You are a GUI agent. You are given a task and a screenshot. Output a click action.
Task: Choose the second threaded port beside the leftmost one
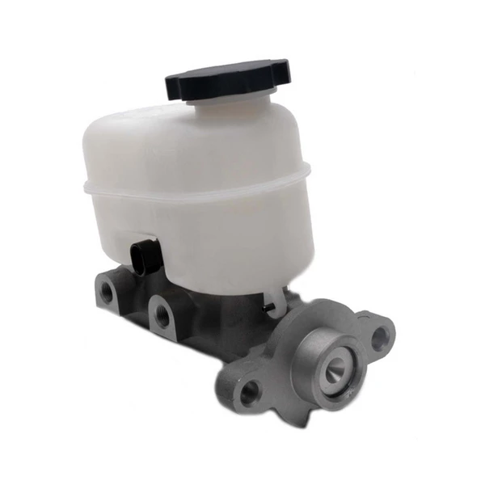pyautogui.click(x=162, y=314)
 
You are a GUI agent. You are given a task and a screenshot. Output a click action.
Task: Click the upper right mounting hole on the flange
pyautogui.click(x=377, y=338)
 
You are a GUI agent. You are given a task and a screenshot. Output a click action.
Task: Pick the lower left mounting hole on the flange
pyautogui.click(x=249, y=393)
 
